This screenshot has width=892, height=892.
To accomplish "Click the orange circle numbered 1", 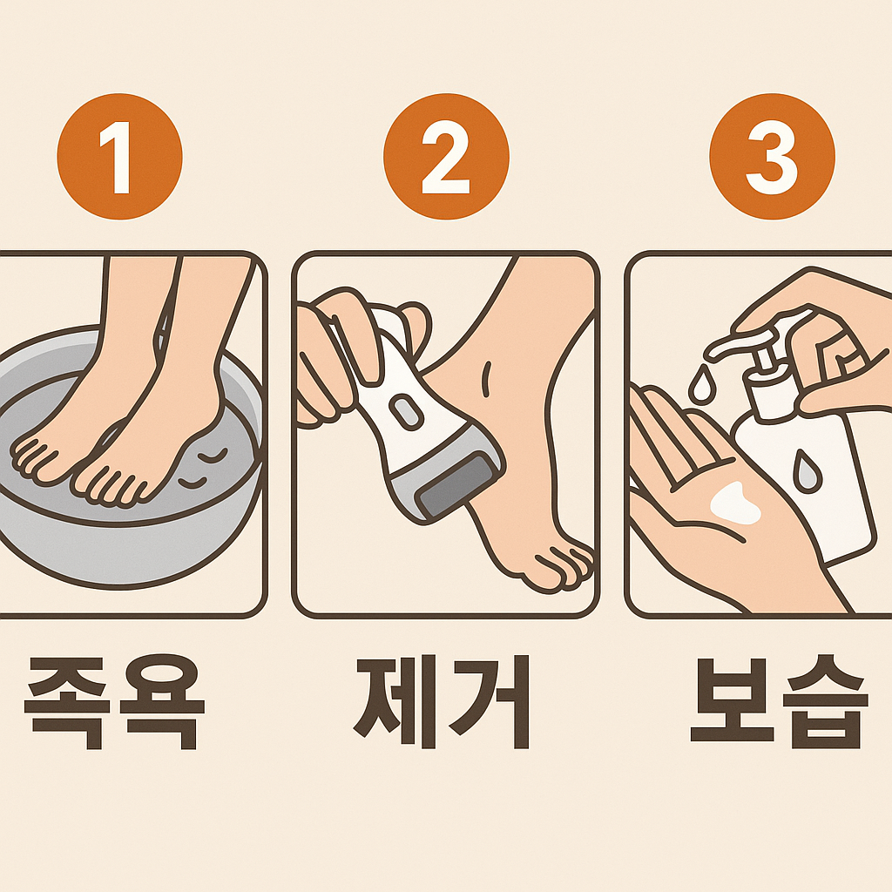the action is (119, 157).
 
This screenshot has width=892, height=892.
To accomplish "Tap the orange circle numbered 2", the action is (446, 157).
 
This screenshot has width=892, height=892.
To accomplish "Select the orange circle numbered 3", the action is (772, 157).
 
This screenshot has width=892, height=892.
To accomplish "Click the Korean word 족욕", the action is (114, 702).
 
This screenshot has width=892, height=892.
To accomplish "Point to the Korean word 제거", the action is (441, 702).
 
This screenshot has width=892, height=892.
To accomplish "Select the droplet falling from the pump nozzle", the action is (702, 385).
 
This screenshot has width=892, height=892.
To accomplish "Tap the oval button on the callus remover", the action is (406, 411).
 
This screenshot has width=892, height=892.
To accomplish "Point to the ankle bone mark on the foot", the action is (485, 379).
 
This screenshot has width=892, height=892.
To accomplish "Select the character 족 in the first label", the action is (66, 702).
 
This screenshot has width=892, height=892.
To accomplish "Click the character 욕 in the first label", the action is (162, 702).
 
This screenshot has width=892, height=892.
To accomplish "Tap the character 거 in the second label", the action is (490, 702).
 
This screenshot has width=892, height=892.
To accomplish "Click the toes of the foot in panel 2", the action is (560, 566).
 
